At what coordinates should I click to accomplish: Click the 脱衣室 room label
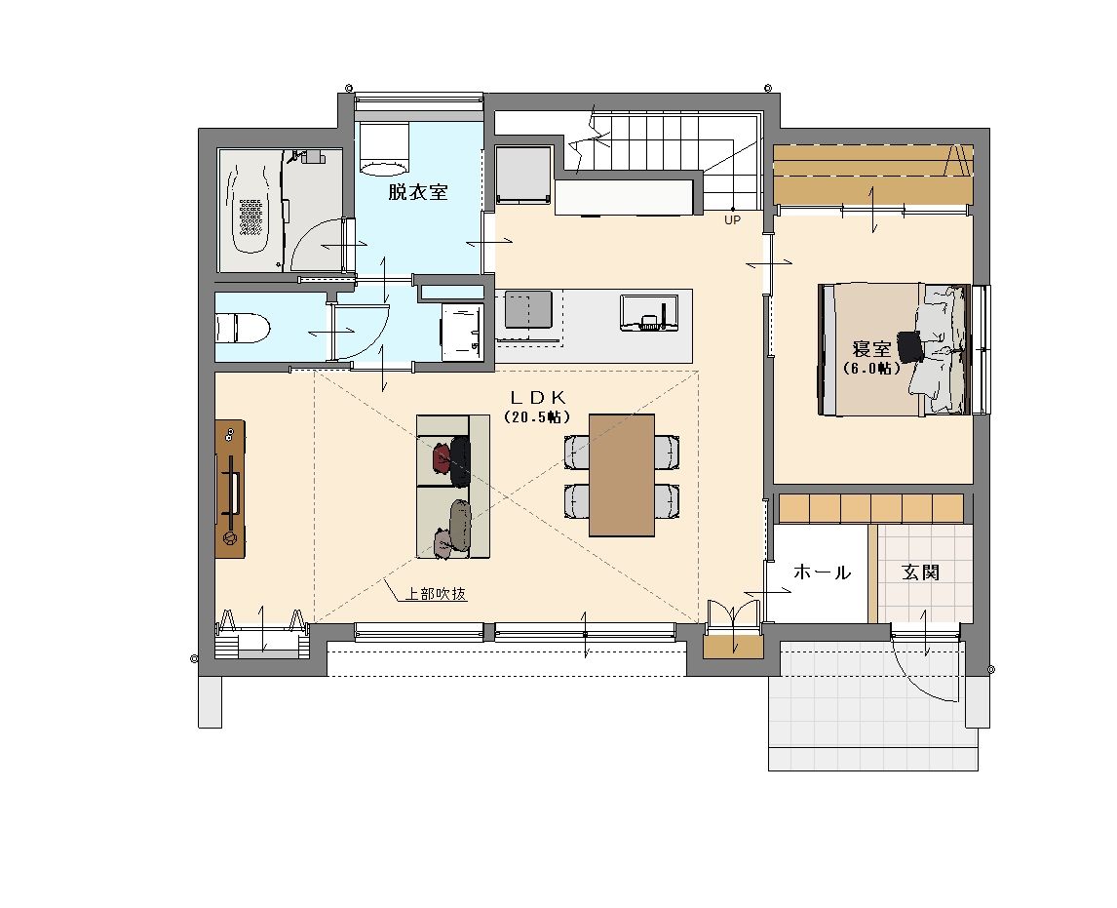(417, 192)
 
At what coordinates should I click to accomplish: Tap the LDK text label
(538, 397)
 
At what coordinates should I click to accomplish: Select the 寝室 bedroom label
(872, 349)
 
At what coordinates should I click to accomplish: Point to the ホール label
(822, 572)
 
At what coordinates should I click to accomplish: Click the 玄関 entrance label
(920, 572)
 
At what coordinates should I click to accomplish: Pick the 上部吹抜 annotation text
(436, 593)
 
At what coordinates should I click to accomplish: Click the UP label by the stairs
(732, 220)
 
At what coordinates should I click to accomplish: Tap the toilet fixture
(242, 330)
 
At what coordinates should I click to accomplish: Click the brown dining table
(621, 475)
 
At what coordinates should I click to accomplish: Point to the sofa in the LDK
(453, 486)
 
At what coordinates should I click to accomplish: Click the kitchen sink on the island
(647, 313)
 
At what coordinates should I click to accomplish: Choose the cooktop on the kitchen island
(528, 308)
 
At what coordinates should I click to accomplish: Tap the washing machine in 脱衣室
(383, 148)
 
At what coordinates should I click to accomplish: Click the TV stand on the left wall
(230, 489)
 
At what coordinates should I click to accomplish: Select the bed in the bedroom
(895, 349)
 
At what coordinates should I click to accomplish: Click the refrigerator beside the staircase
(523, 175)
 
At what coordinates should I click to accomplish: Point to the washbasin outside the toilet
(462, 332)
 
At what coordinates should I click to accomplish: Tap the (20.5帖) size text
(538, 416)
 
